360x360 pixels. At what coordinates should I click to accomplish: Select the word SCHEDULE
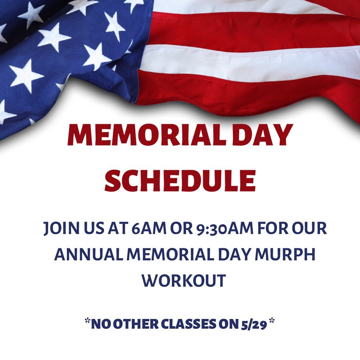pyautogui.click(x=180, y=181)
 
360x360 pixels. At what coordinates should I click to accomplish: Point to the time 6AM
pyautogui.click(x=149, y=228)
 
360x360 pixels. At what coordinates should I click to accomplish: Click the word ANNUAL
pyautogui.click(x=89, y=254)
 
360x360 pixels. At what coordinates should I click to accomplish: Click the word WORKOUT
pyautogui.click(x=184, y=280)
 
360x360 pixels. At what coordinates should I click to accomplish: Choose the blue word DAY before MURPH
pyautogui.click(x=234, y=254)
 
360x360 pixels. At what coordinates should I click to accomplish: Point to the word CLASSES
pyautogui.click(x=189, y=324)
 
